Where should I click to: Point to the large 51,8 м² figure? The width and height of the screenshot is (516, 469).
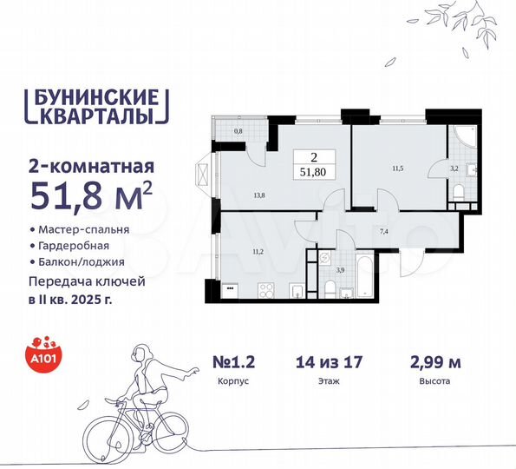[x=91, y=190]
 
